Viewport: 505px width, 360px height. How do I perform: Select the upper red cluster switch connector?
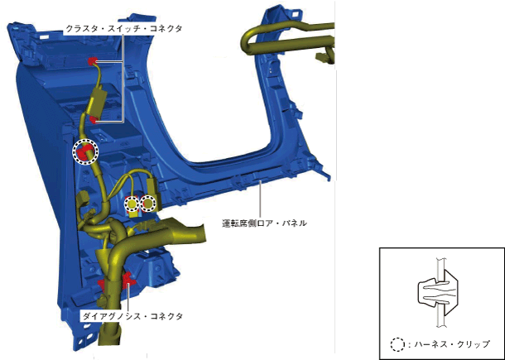click(93, 61)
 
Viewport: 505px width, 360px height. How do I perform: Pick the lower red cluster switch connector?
click(94, 119)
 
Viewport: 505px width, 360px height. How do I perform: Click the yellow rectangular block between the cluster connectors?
click(97, 103)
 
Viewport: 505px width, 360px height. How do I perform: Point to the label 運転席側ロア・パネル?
click(264, 223)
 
